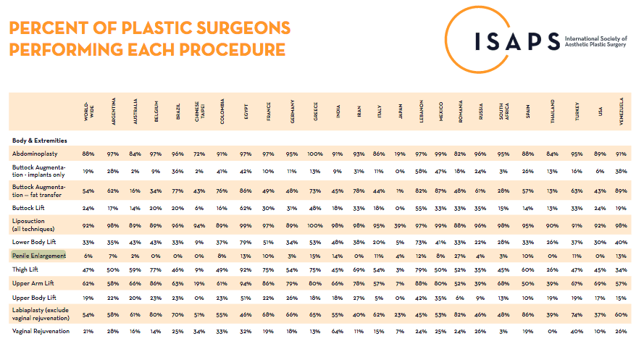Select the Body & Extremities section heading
pyautogui.click(x=41, y=140)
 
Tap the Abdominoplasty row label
pyautogui.click(x=35, y=154)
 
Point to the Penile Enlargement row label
pyautogui.click(x=38, y=256)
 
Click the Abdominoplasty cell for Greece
pyautogui.click(x=315, y=154)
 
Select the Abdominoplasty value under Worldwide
pyautogui.click(x=88, y=154)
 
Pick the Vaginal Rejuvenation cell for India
pyautogui.click(x=338, y=330)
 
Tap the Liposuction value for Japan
pyautogui.click(x=400, y=226)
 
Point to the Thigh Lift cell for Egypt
pyautogui.click(x=246, y=269)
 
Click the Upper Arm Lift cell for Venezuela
pyautogui.click(x=621, y=283)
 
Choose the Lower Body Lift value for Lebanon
pyautogui.click(x=421, y=241)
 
